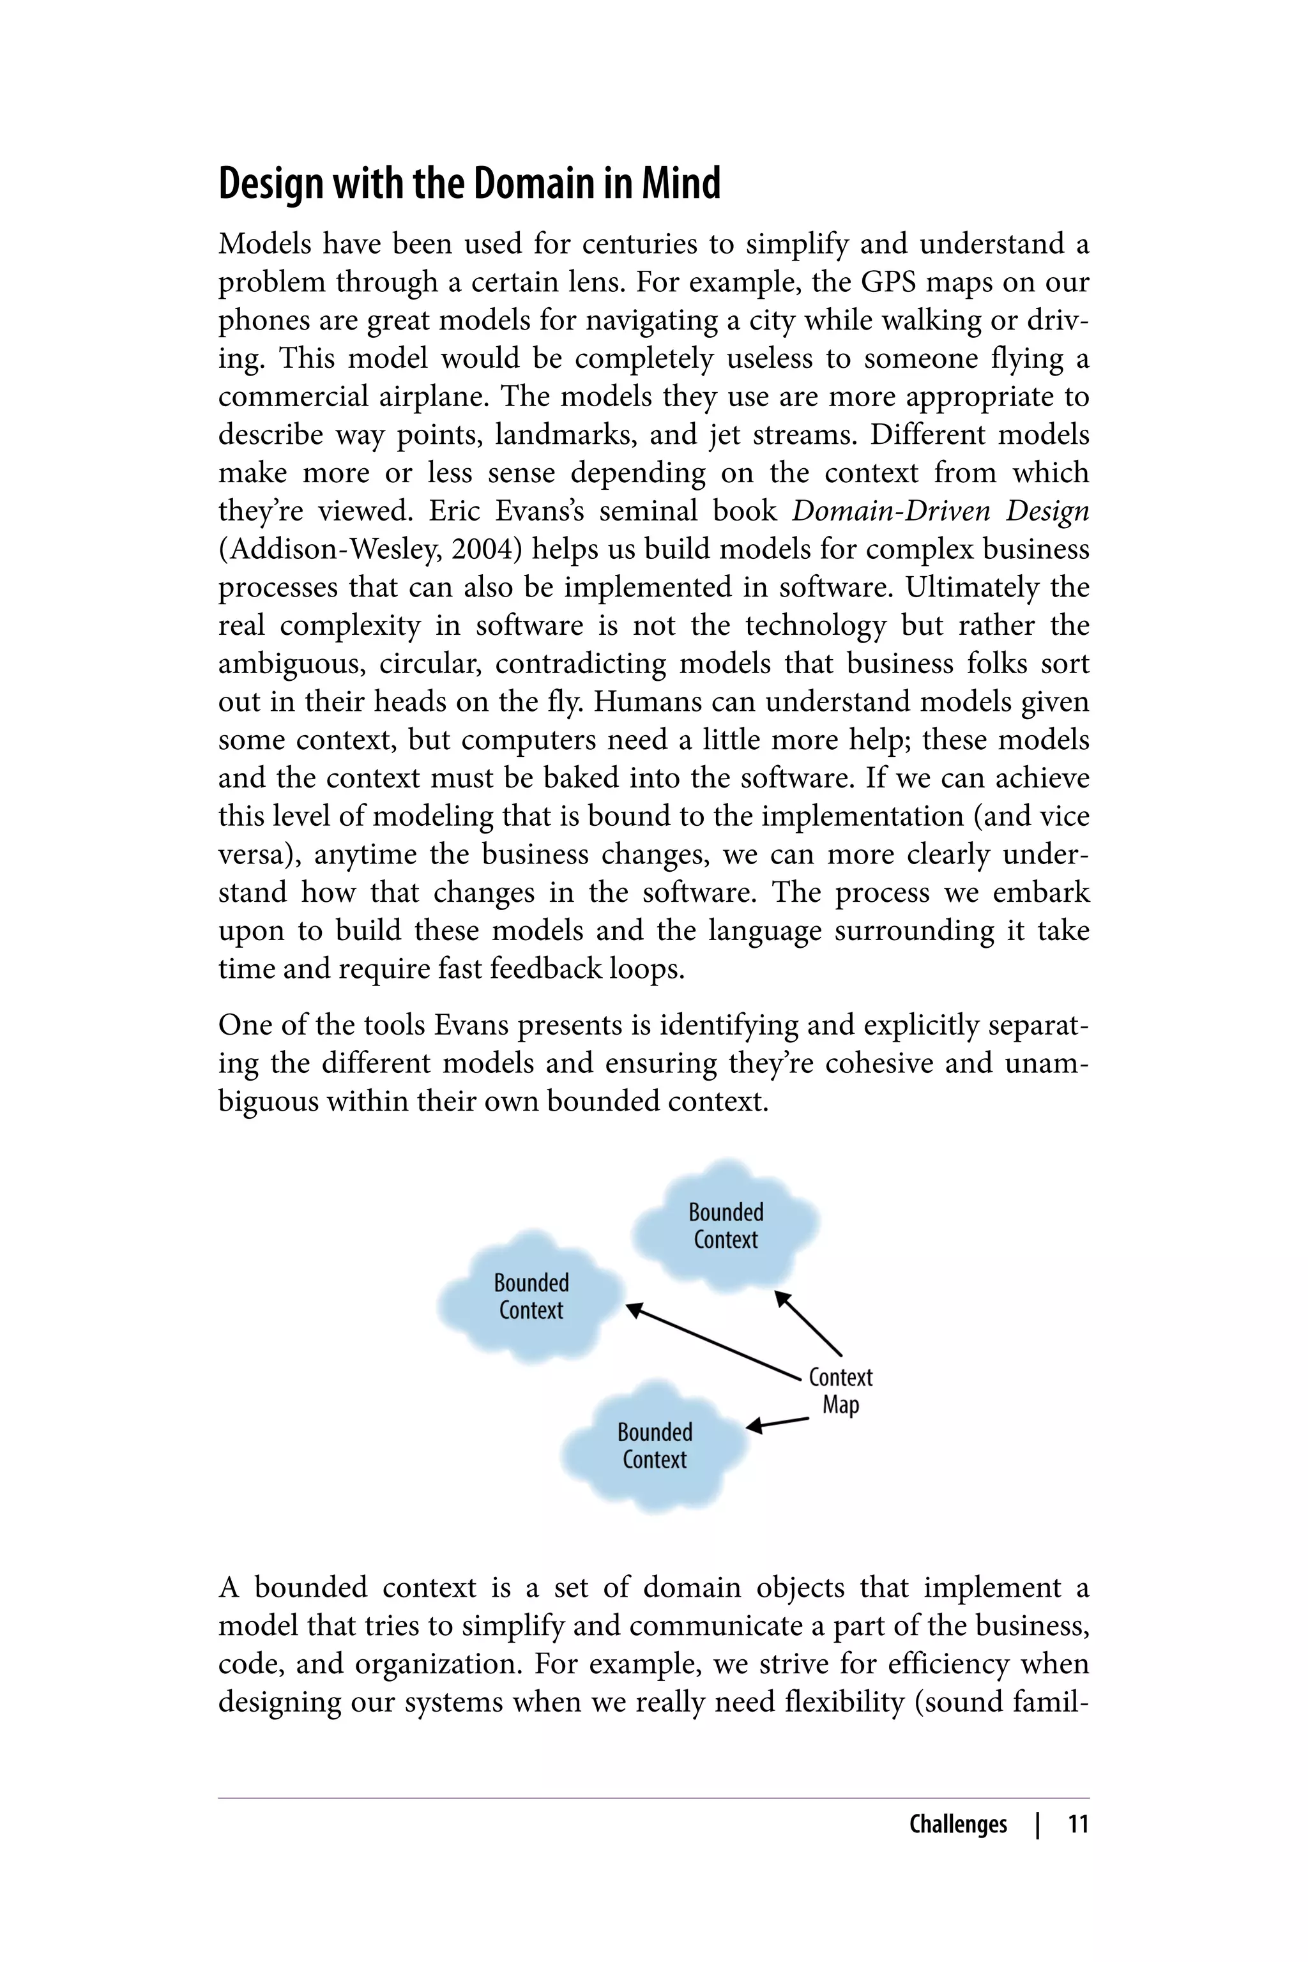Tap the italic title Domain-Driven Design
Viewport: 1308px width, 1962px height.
click(x=940, y=510)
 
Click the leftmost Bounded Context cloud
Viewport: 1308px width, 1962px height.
click(x=531, y=1295)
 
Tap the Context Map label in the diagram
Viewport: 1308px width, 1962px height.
click(x=840, y=1390)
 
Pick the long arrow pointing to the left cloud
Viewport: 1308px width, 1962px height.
click(x=713, y=1342)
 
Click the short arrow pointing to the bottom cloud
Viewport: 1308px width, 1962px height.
click(x=777, y=1423)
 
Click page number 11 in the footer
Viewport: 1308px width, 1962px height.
click(x=1078, y=1824)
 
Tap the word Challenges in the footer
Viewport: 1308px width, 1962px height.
click(x=957, y=1824)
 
